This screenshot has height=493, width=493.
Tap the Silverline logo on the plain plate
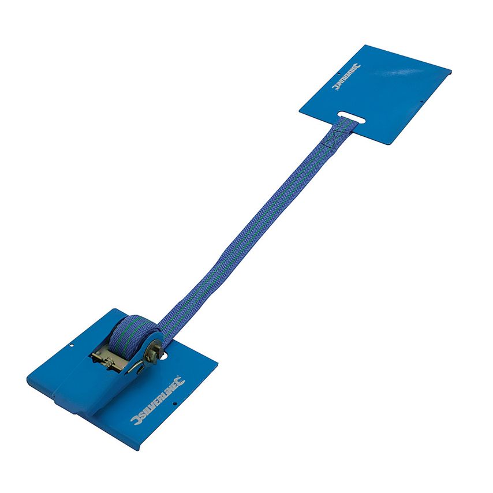[346, 77]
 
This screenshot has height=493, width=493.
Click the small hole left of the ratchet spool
[71, 347]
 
